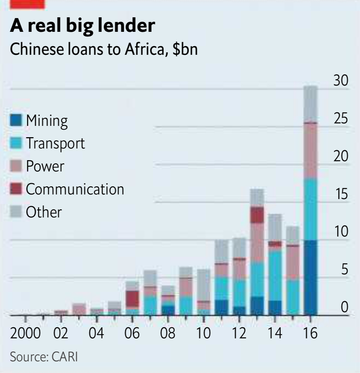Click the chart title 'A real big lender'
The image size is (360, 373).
82,25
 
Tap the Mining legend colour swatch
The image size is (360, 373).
16,120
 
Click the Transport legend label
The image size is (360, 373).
55,143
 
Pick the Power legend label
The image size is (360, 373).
45,166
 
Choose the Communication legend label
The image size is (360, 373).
75,189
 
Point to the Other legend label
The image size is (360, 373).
43,212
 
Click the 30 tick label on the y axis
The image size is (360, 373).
341,81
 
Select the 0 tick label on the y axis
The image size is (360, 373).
344,308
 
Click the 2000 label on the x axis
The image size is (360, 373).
25,333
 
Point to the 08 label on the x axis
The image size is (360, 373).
168,333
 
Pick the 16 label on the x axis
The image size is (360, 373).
310,333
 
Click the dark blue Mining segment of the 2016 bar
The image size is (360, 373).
310,278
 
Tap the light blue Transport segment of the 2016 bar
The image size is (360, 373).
310,209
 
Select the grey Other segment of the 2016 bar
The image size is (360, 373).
310,103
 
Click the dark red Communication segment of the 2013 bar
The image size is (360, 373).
257,215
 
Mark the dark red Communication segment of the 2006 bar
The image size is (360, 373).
132,298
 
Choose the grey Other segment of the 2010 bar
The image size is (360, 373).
203,285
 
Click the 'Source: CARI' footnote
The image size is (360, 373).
43,356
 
